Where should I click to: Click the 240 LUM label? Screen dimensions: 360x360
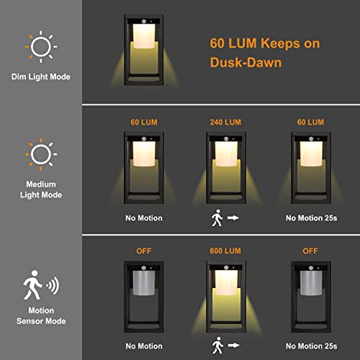click(x=225, y=121)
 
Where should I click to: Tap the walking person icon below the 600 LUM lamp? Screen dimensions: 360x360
click(x=217, y=346)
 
